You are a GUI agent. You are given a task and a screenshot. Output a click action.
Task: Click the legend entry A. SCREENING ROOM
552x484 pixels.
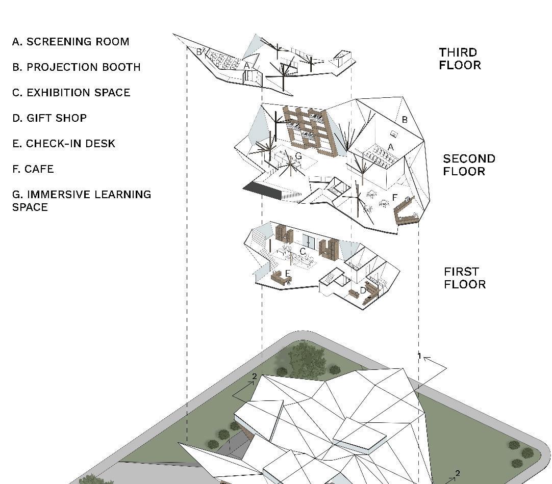click(70, 42)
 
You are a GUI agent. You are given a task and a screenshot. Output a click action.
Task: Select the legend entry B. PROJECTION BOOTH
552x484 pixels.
click(76, 67)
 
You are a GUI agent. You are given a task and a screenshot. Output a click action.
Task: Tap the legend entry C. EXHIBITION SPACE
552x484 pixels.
click(71, 93)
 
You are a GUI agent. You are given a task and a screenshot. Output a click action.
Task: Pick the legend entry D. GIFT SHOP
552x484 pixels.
click(49, 118)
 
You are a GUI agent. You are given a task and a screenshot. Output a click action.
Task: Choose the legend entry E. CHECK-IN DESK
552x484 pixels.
click(64, 144)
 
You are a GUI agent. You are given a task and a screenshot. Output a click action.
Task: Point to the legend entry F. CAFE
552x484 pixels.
click(33, 169)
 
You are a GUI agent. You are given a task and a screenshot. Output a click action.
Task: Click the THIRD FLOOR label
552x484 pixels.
click(460, 59)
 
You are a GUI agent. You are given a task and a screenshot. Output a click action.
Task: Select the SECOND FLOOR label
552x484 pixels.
click(469, 165)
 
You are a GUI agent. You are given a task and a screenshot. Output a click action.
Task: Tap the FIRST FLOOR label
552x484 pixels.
click(464, 278)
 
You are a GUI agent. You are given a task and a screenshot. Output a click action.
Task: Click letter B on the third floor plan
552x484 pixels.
click(199, 51)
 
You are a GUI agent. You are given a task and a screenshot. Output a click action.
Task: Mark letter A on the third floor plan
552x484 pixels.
click(246, 65)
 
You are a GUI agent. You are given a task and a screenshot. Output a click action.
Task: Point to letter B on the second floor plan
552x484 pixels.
click(405, 120)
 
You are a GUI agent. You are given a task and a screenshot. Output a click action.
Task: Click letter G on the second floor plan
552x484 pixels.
click(298, 156)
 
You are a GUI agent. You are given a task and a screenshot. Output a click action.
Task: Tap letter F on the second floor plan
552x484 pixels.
click(394, 197)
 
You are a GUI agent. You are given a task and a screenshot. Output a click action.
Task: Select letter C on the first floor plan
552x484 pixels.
click(303, 252)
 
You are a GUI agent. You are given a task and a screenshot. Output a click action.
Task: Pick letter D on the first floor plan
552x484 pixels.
click(363, 290)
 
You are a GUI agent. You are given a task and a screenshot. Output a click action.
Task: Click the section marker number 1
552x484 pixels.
click(419, 357)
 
